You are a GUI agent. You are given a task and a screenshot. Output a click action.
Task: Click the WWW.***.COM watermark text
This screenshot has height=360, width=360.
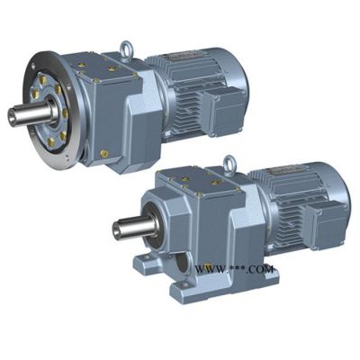coord(235,269)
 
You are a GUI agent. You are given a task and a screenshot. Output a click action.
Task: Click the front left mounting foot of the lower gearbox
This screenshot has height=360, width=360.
coord(146,260)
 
